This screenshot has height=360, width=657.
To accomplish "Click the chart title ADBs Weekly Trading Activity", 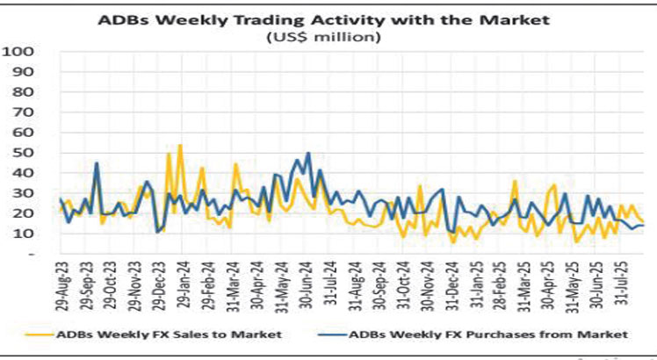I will (x=328, y=17).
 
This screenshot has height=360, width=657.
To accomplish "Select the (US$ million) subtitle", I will (x=328, y=36).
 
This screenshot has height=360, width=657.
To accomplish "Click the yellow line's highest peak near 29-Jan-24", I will (x=180, y=145).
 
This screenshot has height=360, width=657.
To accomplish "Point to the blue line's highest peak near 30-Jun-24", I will (x=308, y=154).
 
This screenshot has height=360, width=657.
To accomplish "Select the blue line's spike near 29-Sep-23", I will (x=97, y=162).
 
